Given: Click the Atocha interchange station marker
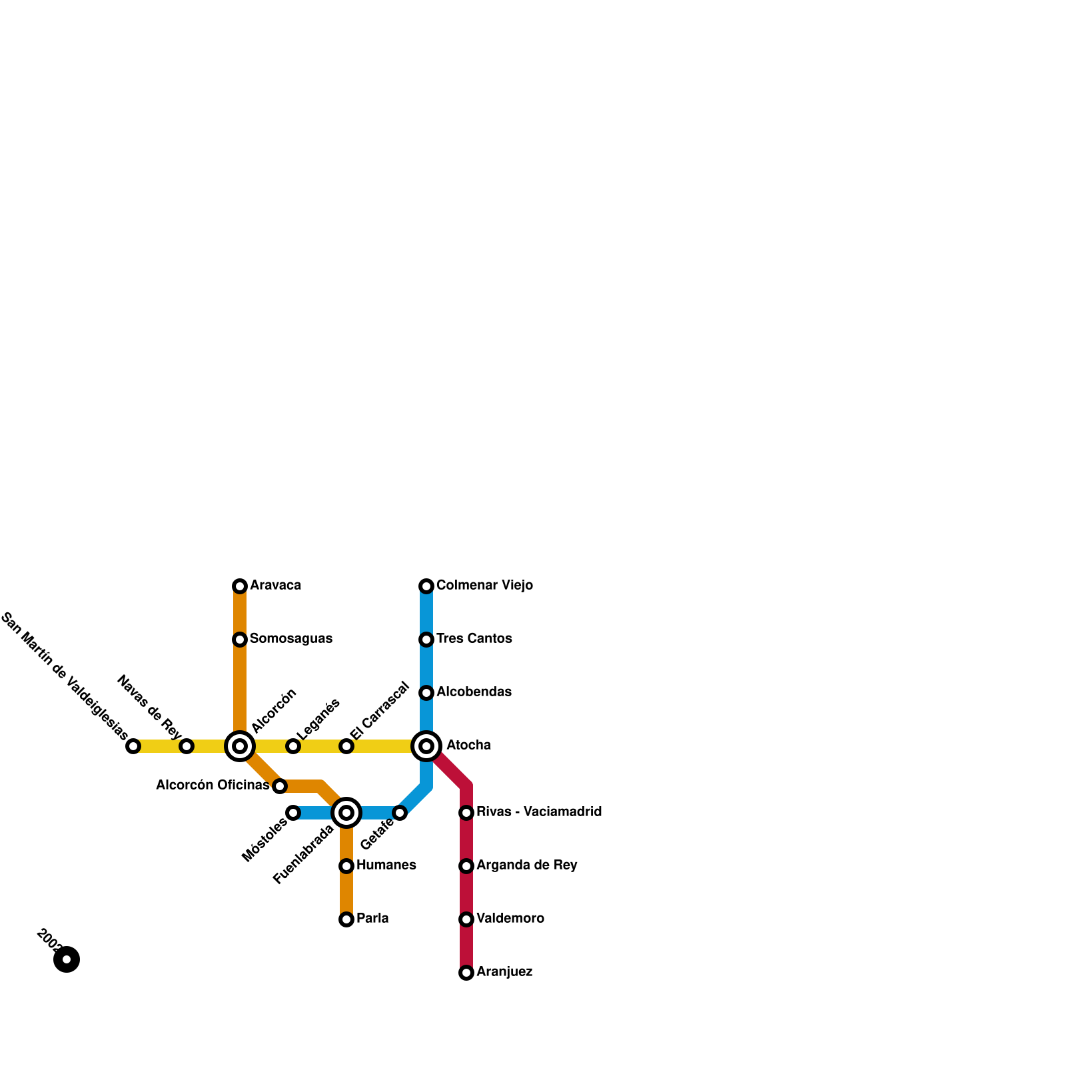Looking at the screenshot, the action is coord(426,746).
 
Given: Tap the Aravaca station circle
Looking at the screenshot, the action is coord(240,586).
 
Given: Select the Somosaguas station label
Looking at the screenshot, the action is coord(291,639).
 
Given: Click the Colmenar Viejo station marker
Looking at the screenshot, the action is coord(426,586).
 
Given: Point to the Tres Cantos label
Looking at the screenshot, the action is coord(474,639).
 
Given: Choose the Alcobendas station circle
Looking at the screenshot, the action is coord(426,693).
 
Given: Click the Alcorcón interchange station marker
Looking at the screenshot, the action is coord(240,746).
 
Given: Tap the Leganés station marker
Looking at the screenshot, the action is coord(293,746).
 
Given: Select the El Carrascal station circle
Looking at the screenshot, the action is coord(346,746).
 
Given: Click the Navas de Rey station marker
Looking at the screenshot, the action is coord(187,746).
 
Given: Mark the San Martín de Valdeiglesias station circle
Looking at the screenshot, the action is coord(133,746).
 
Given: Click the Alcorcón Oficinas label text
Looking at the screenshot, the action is coord(213,786).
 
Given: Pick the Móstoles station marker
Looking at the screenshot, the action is coord(293,813).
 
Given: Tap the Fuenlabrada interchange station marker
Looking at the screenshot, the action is coord(346,813).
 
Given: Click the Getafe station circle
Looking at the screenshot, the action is coord(400,813).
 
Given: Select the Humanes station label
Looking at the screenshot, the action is coord(386,865).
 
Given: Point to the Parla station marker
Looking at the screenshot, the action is coord(346,919).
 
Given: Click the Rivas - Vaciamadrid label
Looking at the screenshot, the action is coord(539,812).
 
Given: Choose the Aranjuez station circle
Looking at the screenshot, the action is coord(466,973).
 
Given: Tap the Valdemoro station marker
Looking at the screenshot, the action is coord(466,919).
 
